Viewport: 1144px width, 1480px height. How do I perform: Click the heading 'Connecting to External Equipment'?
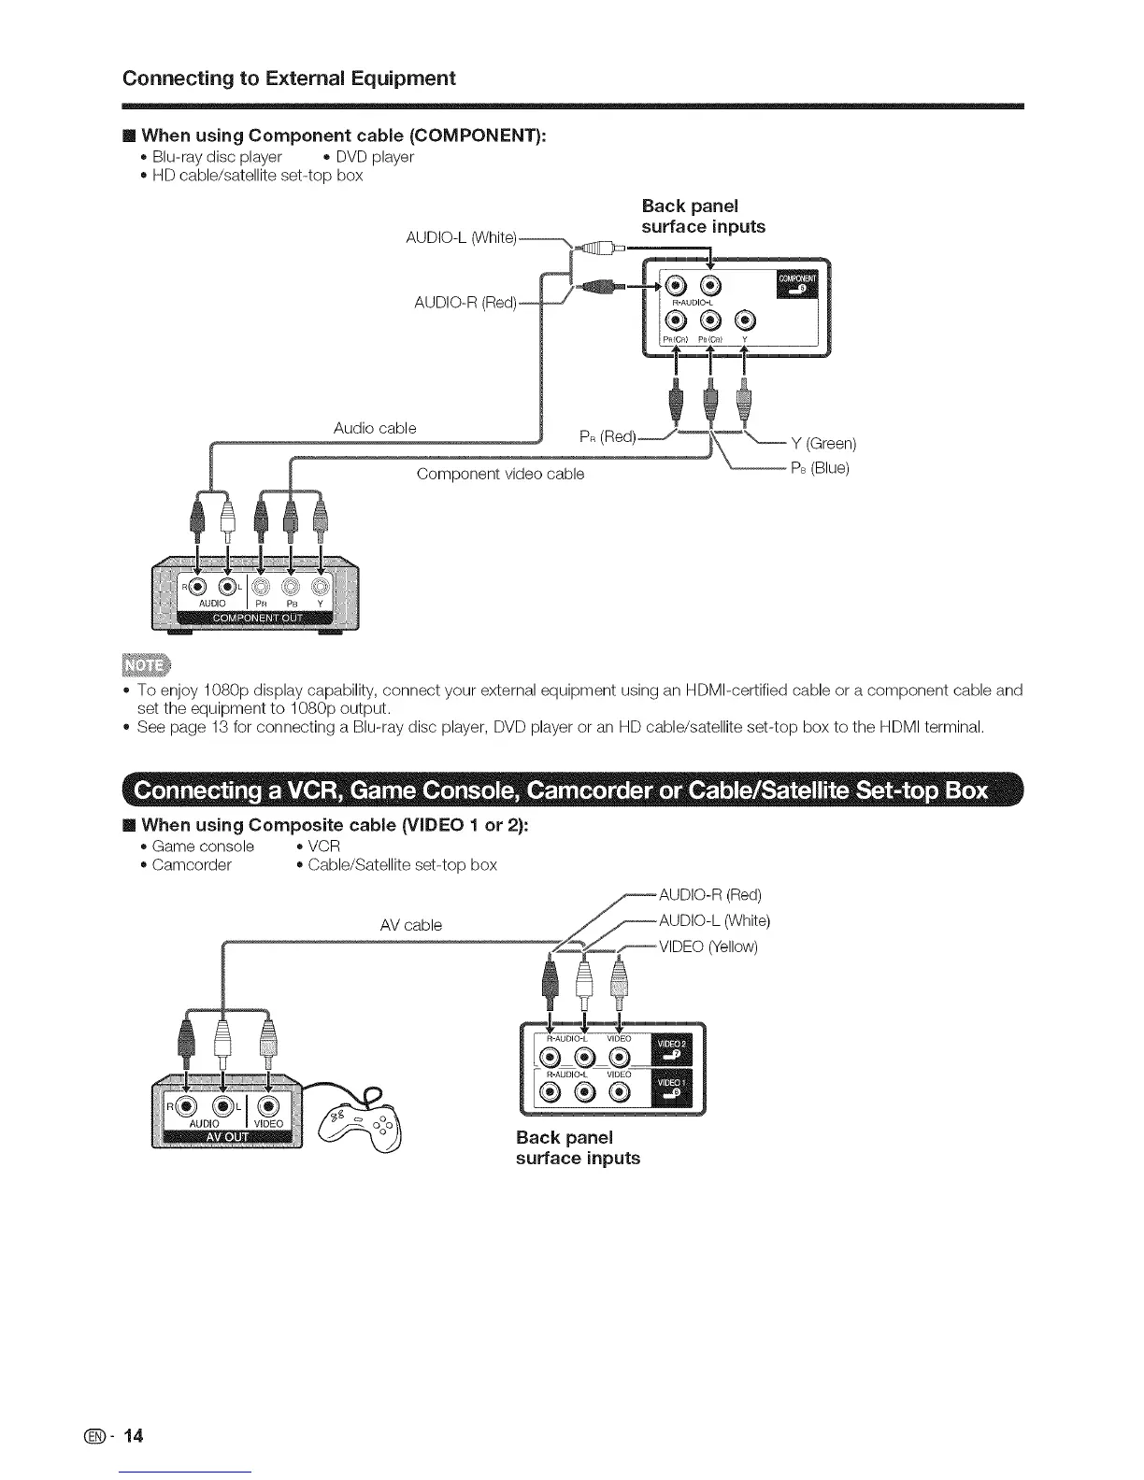[289, 78]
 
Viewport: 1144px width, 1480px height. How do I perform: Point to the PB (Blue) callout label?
[819, 468]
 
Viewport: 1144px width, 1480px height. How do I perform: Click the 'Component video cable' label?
[500, 474]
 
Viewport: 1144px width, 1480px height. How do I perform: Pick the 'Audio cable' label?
[375, 428]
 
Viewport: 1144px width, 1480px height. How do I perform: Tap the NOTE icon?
[148, 665]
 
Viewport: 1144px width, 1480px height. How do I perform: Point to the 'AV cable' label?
[411, 925]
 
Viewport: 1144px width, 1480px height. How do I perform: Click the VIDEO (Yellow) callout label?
[708, 947]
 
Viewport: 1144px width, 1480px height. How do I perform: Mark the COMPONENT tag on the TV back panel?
[796, 283]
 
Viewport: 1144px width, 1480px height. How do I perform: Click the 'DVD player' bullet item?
[374, 157]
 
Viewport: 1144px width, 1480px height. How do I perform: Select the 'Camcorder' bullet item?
[192, 865]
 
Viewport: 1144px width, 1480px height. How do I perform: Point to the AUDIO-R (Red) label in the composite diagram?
[710, 895]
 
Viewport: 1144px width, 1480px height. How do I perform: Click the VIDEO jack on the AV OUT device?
[267, 1106]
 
